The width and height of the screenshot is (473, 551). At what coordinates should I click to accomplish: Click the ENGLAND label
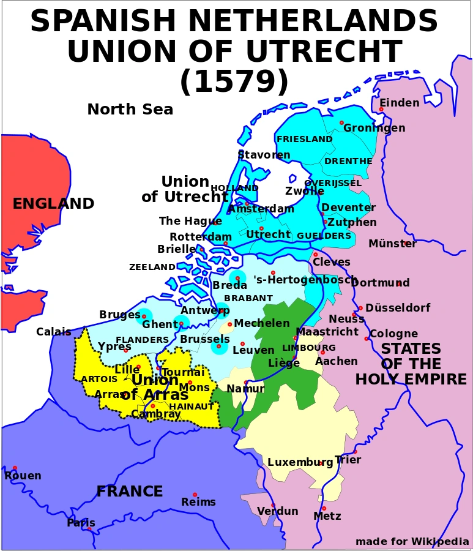click(53, 204)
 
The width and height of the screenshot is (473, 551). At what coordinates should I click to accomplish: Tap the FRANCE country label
click(130, 492)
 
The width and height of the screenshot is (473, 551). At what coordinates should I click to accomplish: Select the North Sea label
click(130, 110)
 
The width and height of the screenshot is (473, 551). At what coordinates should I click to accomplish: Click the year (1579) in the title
click(234, 81)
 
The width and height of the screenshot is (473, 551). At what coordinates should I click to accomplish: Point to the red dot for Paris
click(89, 528)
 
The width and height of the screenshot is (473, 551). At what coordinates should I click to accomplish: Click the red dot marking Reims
click(195, 495)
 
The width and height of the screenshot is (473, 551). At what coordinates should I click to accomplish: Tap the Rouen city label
click(23, 476)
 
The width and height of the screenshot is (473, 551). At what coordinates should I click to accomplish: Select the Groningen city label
click(374, 128)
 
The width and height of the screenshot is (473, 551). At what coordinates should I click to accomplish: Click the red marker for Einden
click(381, 110)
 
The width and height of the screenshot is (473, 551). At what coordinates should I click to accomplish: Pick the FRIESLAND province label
click(305, 139)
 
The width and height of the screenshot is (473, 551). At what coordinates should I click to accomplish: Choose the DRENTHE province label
click(348, 161)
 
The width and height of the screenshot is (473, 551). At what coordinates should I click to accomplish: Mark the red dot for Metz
click(324, 508)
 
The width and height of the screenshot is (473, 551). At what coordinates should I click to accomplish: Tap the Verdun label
click(278, 511)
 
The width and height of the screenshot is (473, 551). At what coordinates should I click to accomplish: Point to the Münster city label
click(392, 244)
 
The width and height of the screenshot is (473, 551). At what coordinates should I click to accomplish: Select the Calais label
click(54, 332)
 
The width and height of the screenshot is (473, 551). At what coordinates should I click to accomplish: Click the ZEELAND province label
click(152, 267)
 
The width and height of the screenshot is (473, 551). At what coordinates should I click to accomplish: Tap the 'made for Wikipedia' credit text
click(412, 541)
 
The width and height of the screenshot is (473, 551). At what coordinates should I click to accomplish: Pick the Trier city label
click(348, 460)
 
